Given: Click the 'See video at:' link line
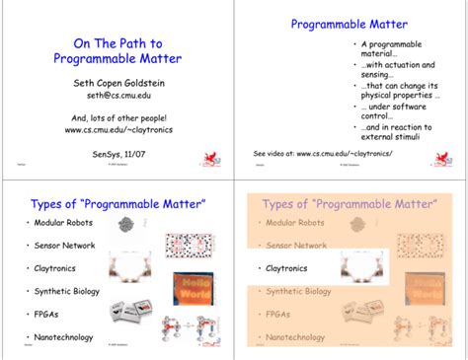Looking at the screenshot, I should [323, 154].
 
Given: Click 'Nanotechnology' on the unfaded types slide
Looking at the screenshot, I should [64, 337].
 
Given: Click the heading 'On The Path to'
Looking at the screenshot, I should [118, 43].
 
